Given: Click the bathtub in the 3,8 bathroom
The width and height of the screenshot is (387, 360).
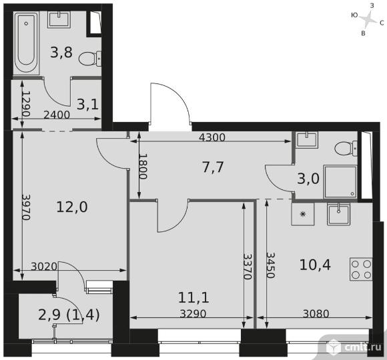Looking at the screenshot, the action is [26, 42].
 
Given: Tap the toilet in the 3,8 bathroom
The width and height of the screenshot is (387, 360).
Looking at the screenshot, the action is [90, 59].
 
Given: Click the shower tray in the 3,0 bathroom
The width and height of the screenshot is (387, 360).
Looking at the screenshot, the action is [340, 182].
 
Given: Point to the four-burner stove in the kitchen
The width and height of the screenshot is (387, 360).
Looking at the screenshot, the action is [361, 269].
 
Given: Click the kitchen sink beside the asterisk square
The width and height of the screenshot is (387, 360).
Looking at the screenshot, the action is [338, 214].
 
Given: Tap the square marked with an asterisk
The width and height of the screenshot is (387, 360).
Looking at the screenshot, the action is [303, 214].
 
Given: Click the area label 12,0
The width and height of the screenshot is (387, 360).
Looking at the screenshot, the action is [72, 207].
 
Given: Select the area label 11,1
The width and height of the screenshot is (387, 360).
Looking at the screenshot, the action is [193, 297].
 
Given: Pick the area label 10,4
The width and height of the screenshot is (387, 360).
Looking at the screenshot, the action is [315, 265].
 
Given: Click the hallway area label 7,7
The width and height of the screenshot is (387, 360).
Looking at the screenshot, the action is [213, 167].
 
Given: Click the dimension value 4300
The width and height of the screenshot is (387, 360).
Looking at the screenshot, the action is [212, 137].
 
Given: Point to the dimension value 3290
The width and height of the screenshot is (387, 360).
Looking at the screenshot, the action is [193, 314].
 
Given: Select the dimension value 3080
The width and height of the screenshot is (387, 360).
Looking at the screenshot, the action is [316, 314].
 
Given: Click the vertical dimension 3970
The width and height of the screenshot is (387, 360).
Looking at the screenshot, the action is [26, 207].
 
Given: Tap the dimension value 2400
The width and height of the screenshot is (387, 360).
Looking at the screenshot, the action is [57, 115].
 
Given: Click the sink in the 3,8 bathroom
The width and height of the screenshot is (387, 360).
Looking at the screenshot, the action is [59, 19].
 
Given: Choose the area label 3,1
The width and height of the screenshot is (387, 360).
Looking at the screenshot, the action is [87, 104].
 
